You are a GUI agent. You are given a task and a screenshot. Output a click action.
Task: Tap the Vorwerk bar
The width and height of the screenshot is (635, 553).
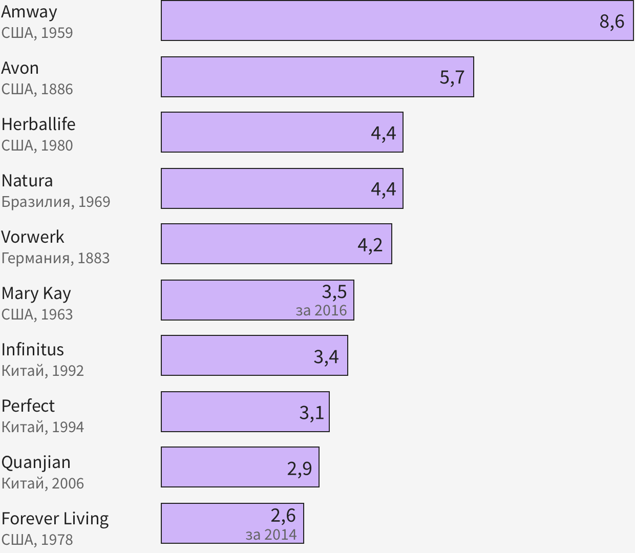tap(256, 244)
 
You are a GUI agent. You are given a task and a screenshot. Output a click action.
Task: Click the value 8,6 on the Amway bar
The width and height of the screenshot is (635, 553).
tap(612, 22)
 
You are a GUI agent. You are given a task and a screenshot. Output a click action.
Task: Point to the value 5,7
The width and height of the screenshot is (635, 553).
tap(452, 77)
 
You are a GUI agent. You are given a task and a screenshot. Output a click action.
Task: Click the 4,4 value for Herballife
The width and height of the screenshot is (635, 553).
tap(383, 133)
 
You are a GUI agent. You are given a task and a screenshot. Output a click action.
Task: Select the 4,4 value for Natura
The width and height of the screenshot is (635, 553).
tap(383, 189)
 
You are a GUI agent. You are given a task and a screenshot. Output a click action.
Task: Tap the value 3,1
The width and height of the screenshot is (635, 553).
tap(311, 412)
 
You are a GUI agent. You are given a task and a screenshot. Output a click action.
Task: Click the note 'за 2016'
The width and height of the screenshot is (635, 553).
tap(321, 310)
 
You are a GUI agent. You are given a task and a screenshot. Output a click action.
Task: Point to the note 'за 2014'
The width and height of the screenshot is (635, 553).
tap(271, 535)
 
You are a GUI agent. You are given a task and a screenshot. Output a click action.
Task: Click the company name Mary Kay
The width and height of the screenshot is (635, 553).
tap(36, 293)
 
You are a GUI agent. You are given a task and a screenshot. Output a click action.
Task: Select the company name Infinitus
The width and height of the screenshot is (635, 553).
tap(33, 349)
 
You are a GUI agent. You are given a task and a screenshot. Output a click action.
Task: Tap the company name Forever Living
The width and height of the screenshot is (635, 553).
tap(55, 519)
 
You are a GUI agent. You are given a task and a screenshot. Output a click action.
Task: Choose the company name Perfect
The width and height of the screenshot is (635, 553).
tap(28, 406)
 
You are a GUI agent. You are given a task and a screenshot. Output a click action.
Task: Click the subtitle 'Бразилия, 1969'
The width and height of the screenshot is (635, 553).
tap(56, 202)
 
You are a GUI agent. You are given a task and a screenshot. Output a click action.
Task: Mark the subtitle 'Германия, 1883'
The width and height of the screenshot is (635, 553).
tap(55, 258)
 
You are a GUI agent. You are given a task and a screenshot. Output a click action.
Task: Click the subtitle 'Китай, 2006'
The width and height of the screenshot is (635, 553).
tap(43, 483)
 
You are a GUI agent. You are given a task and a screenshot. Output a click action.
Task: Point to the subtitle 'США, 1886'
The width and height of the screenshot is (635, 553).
tap(37, 89)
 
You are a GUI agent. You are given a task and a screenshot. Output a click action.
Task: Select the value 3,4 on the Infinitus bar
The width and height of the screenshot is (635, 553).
tap(326, 356)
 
